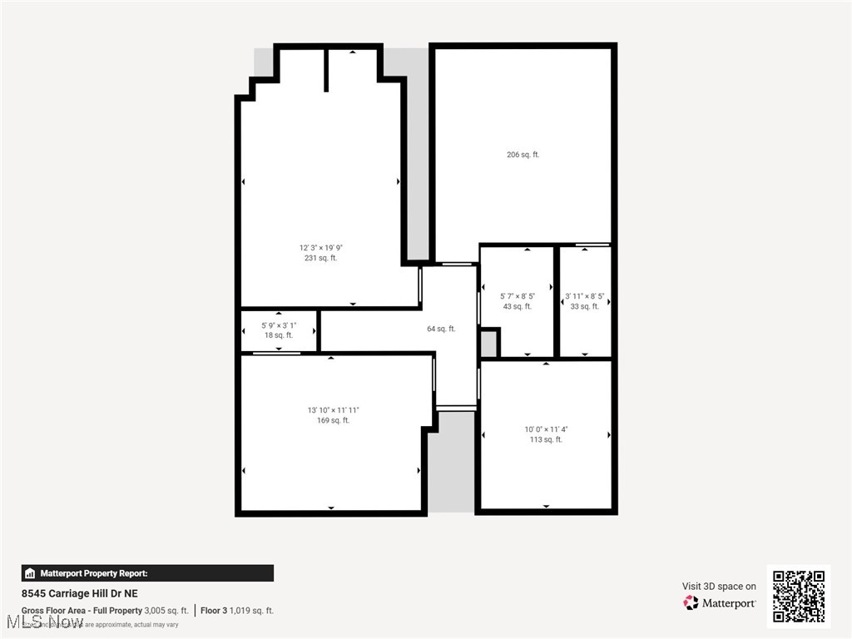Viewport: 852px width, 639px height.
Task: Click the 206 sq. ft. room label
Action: pos(523,154)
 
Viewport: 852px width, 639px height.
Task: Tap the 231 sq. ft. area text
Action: pos(320,258)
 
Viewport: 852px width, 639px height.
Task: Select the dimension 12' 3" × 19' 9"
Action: pos(320,247)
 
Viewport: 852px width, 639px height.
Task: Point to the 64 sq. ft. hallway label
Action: pos(441,329)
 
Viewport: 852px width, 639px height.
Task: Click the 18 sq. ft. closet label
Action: pos(279,335)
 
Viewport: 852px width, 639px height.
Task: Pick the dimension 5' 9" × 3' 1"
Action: pos(279,325)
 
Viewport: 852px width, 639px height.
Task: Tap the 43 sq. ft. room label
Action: pos(517,306)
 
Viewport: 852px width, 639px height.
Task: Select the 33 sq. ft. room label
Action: pos(584,306)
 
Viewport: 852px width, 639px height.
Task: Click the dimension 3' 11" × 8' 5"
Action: pos(584,296)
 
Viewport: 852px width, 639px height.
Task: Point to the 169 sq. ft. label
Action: pos(334,420)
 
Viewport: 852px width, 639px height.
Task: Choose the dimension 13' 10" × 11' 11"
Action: pos(334,410)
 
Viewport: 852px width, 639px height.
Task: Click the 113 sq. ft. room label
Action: pos(546,439)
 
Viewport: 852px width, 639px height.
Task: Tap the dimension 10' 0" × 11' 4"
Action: pos(546,429)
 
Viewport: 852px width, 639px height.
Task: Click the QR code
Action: pos(798,596)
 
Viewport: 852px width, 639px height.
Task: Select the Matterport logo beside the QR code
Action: pos(721,602)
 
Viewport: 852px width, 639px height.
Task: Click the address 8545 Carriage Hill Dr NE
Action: pos(80,593)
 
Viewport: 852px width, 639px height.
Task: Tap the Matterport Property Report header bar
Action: pos(147,573)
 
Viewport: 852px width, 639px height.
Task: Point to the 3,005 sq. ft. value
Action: pos(166,611)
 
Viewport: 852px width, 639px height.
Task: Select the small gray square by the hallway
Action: pos(489,343)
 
